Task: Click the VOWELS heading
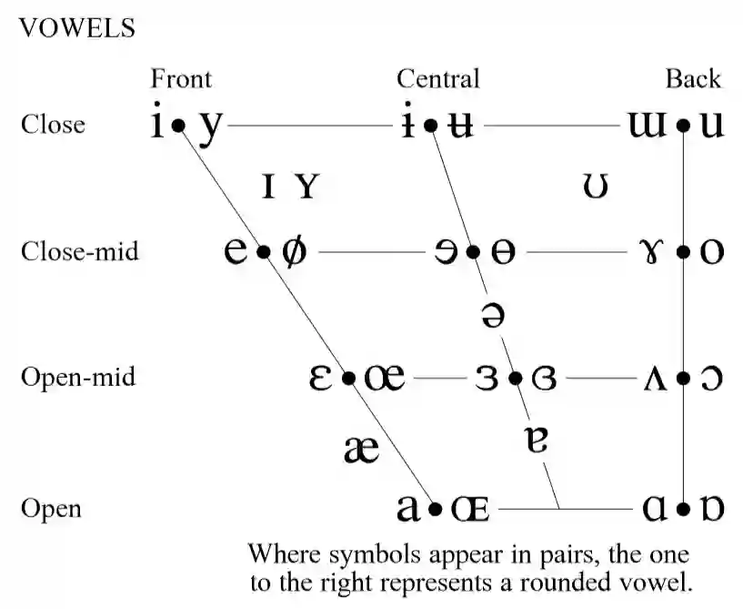pos(76,28)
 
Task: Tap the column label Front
pos(181,79)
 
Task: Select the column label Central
pos(437,79)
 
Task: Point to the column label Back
pos(693,79)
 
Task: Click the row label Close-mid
pos(80,250)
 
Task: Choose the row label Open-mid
pos(78,377)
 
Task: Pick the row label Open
pos(51,508)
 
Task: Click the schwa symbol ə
pos(491,314)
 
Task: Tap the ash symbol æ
pos(362,448)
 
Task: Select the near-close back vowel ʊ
pos(596,187)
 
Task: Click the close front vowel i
pos(158,124)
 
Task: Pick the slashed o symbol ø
pos(293,251)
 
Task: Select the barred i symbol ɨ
pos(409,124)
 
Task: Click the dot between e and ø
pos(264,251)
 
